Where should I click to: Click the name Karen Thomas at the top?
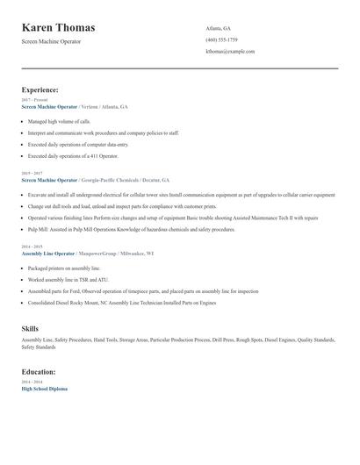[59, 28]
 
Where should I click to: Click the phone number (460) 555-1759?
[221, 39]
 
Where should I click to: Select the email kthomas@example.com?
[230, 51]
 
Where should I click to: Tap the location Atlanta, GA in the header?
[219, 28]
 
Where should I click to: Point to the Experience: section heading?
[40, 89]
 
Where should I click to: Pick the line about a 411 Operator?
[73, 154]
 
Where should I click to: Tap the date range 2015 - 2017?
[32, 173]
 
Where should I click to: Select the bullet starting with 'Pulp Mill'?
[132, 228]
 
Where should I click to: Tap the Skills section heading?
[30, 328]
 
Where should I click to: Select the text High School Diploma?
[44, 388]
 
